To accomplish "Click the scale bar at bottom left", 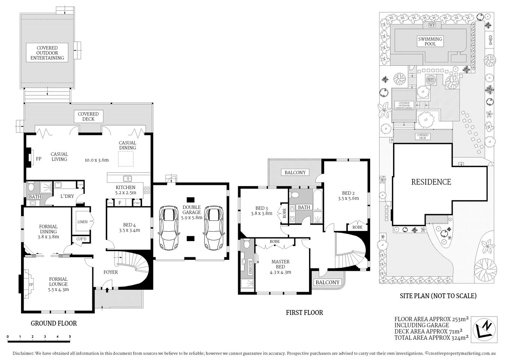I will coord(39,340).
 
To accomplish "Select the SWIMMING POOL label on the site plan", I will coord(430,42).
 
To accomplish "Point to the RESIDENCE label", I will coord(431,182).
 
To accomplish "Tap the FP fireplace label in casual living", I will coord(38,159).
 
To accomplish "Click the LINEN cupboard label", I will coord(82,222).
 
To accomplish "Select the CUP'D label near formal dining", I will coord(81,239).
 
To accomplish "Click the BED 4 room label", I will coord(129,228).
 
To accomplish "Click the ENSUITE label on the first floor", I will coord(250,265).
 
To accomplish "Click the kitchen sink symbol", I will coord(128,179).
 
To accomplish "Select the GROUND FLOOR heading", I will coord(54,323).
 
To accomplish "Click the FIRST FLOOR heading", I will coord(304,312).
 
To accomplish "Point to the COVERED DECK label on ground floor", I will coord(88,117).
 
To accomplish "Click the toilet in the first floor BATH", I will coord(295,195).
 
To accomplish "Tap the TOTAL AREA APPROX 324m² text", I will coord(431,337).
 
